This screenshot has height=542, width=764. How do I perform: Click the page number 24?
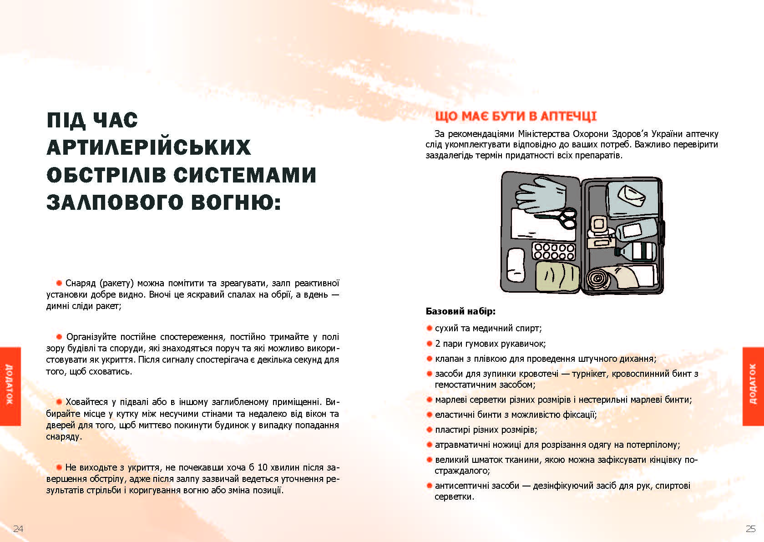[x=18, y=528]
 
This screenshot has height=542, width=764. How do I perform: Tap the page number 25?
[x=750, y=528]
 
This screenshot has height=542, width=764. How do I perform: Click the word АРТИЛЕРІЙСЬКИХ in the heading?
[x=149, y=147]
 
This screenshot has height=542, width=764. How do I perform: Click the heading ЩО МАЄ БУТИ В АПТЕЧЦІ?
[x=516, y=117]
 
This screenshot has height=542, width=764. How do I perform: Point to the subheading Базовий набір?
[x=460, y=311]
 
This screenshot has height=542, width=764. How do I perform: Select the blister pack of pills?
[x=554, y=251]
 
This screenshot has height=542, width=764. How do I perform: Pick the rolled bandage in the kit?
[x=597, y=279]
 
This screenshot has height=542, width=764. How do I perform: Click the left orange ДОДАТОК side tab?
[x=10, y=386]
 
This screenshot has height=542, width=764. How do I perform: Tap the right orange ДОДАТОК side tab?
[x=753, y=386]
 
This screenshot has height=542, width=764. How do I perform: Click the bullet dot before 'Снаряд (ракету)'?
[x=59, y=283]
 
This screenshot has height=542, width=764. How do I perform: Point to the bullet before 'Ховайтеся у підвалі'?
[x=59, y=402]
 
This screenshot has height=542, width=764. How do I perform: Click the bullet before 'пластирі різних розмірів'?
[x=429, y=430]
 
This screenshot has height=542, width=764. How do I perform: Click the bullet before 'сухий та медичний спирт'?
[x=429, y=328]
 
